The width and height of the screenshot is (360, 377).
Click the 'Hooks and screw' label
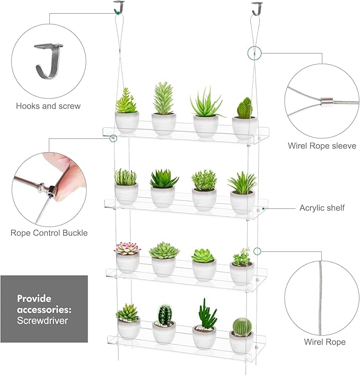pyautogui.click(x=48, y=106)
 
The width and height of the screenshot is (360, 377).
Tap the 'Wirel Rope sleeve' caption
pyautogui.click(x=321, y=145)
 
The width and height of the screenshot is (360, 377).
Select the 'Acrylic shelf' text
pyautogui.click(x=322, y=208)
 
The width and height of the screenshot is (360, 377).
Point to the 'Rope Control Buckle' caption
pyautogui.click(x=49, y=232)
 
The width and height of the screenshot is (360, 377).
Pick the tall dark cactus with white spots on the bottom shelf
pyautogui.click(x=164, y=314)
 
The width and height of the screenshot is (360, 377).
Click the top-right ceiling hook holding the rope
pyautogui.click(x=258, y=8)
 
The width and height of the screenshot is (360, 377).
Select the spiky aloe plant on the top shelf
pyautogui.click(x=205, y=103)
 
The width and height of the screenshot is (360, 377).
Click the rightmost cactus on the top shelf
pyautogui.click(x=244, y=108)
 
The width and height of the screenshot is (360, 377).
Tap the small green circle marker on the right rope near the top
pyautogui.click(x=254, y=52)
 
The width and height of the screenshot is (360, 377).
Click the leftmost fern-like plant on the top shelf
pyautogui.click(x=126, y=101)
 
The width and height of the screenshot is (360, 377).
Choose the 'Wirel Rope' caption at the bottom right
pyautogui.click(x=324, y=342)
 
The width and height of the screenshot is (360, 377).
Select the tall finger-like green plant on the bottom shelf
pyautogui.click(x=205, y=314)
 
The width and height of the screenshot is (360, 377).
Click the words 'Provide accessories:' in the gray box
pyautogui.click(x=42, y=304)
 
